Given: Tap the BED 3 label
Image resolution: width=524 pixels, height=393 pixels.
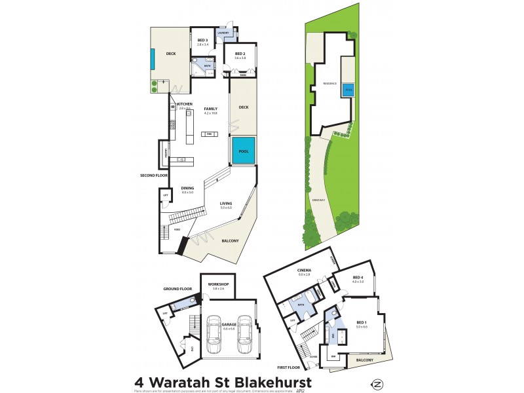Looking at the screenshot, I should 202,41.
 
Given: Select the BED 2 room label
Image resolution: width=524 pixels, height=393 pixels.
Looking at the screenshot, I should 240,54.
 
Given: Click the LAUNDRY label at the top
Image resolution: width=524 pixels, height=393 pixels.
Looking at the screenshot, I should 223,31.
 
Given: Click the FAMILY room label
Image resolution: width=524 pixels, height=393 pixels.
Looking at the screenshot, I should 210,109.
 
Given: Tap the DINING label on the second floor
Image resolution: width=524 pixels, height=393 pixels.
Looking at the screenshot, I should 188,189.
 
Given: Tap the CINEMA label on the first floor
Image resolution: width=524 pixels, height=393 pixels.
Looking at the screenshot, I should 303,270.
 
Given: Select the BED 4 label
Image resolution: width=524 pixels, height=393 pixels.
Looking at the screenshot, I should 358,277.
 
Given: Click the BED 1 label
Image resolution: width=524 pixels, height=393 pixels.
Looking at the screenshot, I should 361,322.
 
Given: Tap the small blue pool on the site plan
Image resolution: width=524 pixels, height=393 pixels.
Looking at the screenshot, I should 348,88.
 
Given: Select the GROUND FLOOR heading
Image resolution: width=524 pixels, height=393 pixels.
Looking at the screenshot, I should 177,288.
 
